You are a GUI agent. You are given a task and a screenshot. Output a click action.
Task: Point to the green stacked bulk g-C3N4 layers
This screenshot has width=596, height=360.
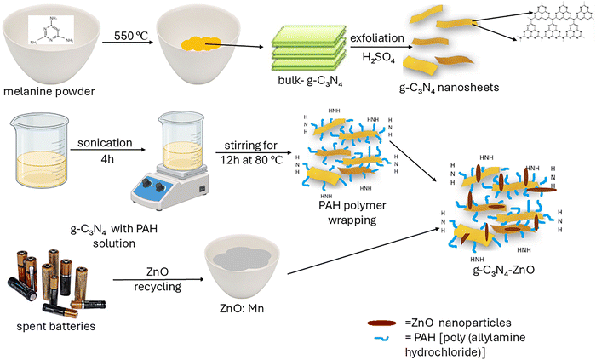point(305,54)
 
